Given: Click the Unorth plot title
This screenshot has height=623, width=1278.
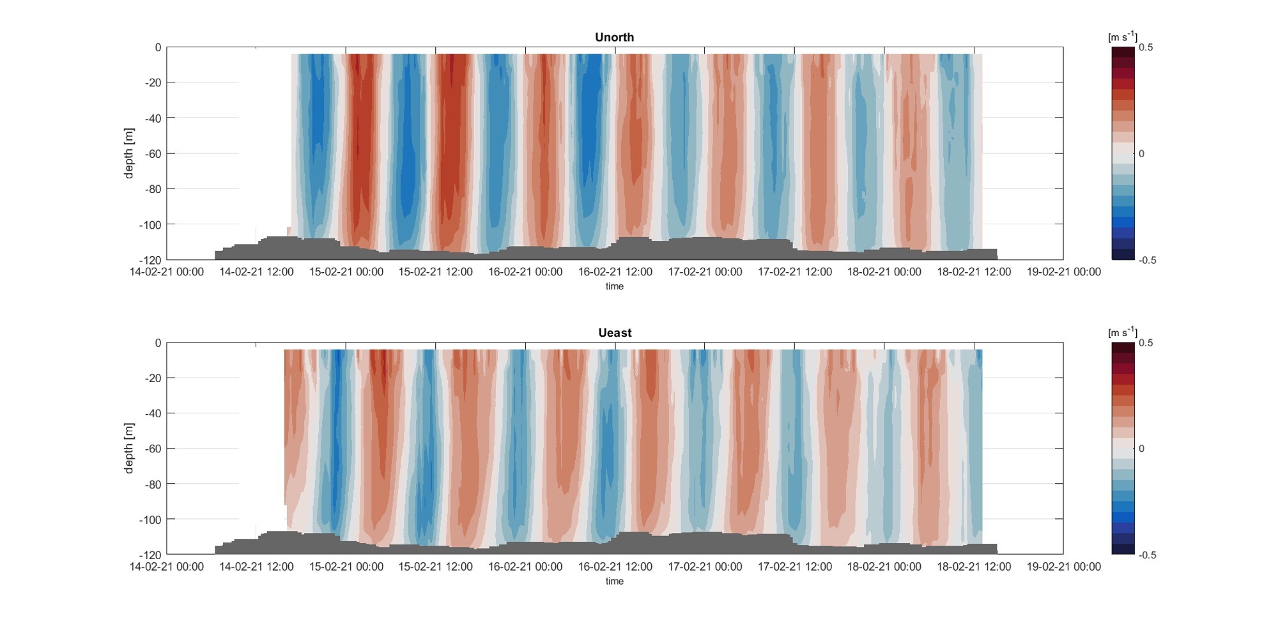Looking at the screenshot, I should point(614,37).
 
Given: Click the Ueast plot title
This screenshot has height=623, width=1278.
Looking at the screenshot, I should point(614,332).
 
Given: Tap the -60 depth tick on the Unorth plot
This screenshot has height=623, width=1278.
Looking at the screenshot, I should point(152,153).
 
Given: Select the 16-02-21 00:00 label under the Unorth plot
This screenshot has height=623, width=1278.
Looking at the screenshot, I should point(525,272).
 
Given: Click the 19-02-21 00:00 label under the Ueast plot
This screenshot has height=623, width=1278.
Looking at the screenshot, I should point(1063,566).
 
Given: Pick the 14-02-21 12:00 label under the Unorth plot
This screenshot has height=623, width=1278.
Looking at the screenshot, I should point(256,272).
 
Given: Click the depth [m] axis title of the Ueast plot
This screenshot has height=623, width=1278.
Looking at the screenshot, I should point(129,448).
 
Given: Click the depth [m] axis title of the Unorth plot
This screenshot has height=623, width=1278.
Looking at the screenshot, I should point(129,153).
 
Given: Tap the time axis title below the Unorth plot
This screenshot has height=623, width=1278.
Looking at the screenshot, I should point(614,286).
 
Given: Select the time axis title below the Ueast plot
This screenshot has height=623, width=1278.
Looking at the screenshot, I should point(614,581).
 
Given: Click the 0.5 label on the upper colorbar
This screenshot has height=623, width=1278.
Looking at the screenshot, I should point(1146,47).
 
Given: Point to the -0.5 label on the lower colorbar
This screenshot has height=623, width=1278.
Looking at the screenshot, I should point(1147,555).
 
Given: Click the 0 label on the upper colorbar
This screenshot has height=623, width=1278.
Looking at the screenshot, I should point(1141,153).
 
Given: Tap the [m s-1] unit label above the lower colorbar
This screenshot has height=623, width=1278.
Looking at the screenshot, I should point(1122,332).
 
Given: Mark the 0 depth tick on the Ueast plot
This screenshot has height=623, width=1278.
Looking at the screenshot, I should point(158,342).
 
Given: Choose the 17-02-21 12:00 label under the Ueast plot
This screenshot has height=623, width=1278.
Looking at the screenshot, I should point(794,566).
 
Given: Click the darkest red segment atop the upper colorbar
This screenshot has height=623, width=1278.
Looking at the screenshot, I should point(1123,51).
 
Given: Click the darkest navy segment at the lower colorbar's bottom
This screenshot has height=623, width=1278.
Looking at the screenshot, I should point(1123,550).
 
